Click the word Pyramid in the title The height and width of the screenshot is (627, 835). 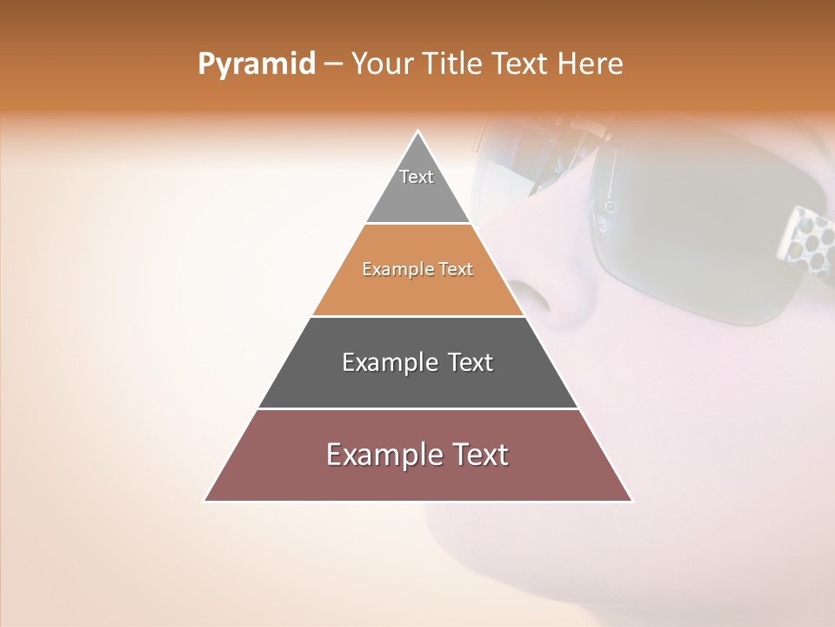click(x=256, y=64)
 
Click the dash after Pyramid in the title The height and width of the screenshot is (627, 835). click(x=333, y=65)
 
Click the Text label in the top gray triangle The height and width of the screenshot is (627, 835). click(x=417, y=177)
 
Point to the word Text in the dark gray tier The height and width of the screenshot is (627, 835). click(x=470, y=362)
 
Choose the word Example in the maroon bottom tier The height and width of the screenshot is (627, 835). click(x=384, y=455)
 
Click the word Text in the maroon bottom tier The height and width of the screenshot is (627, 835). click(x=479, y=455)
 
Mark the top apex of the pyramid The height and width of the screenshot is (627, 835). click(x=418, y=132)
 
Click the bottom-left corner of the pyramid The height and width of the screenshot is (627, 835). click(x=205, y=501)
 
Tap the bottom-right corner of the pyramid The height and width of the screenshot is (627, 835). click(x=631, y=501)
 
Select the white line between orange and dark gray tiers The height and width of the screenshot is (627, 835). click(x=418, y=316)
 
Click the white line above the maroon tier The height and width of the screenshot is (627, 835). click(x=418, y=408)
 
